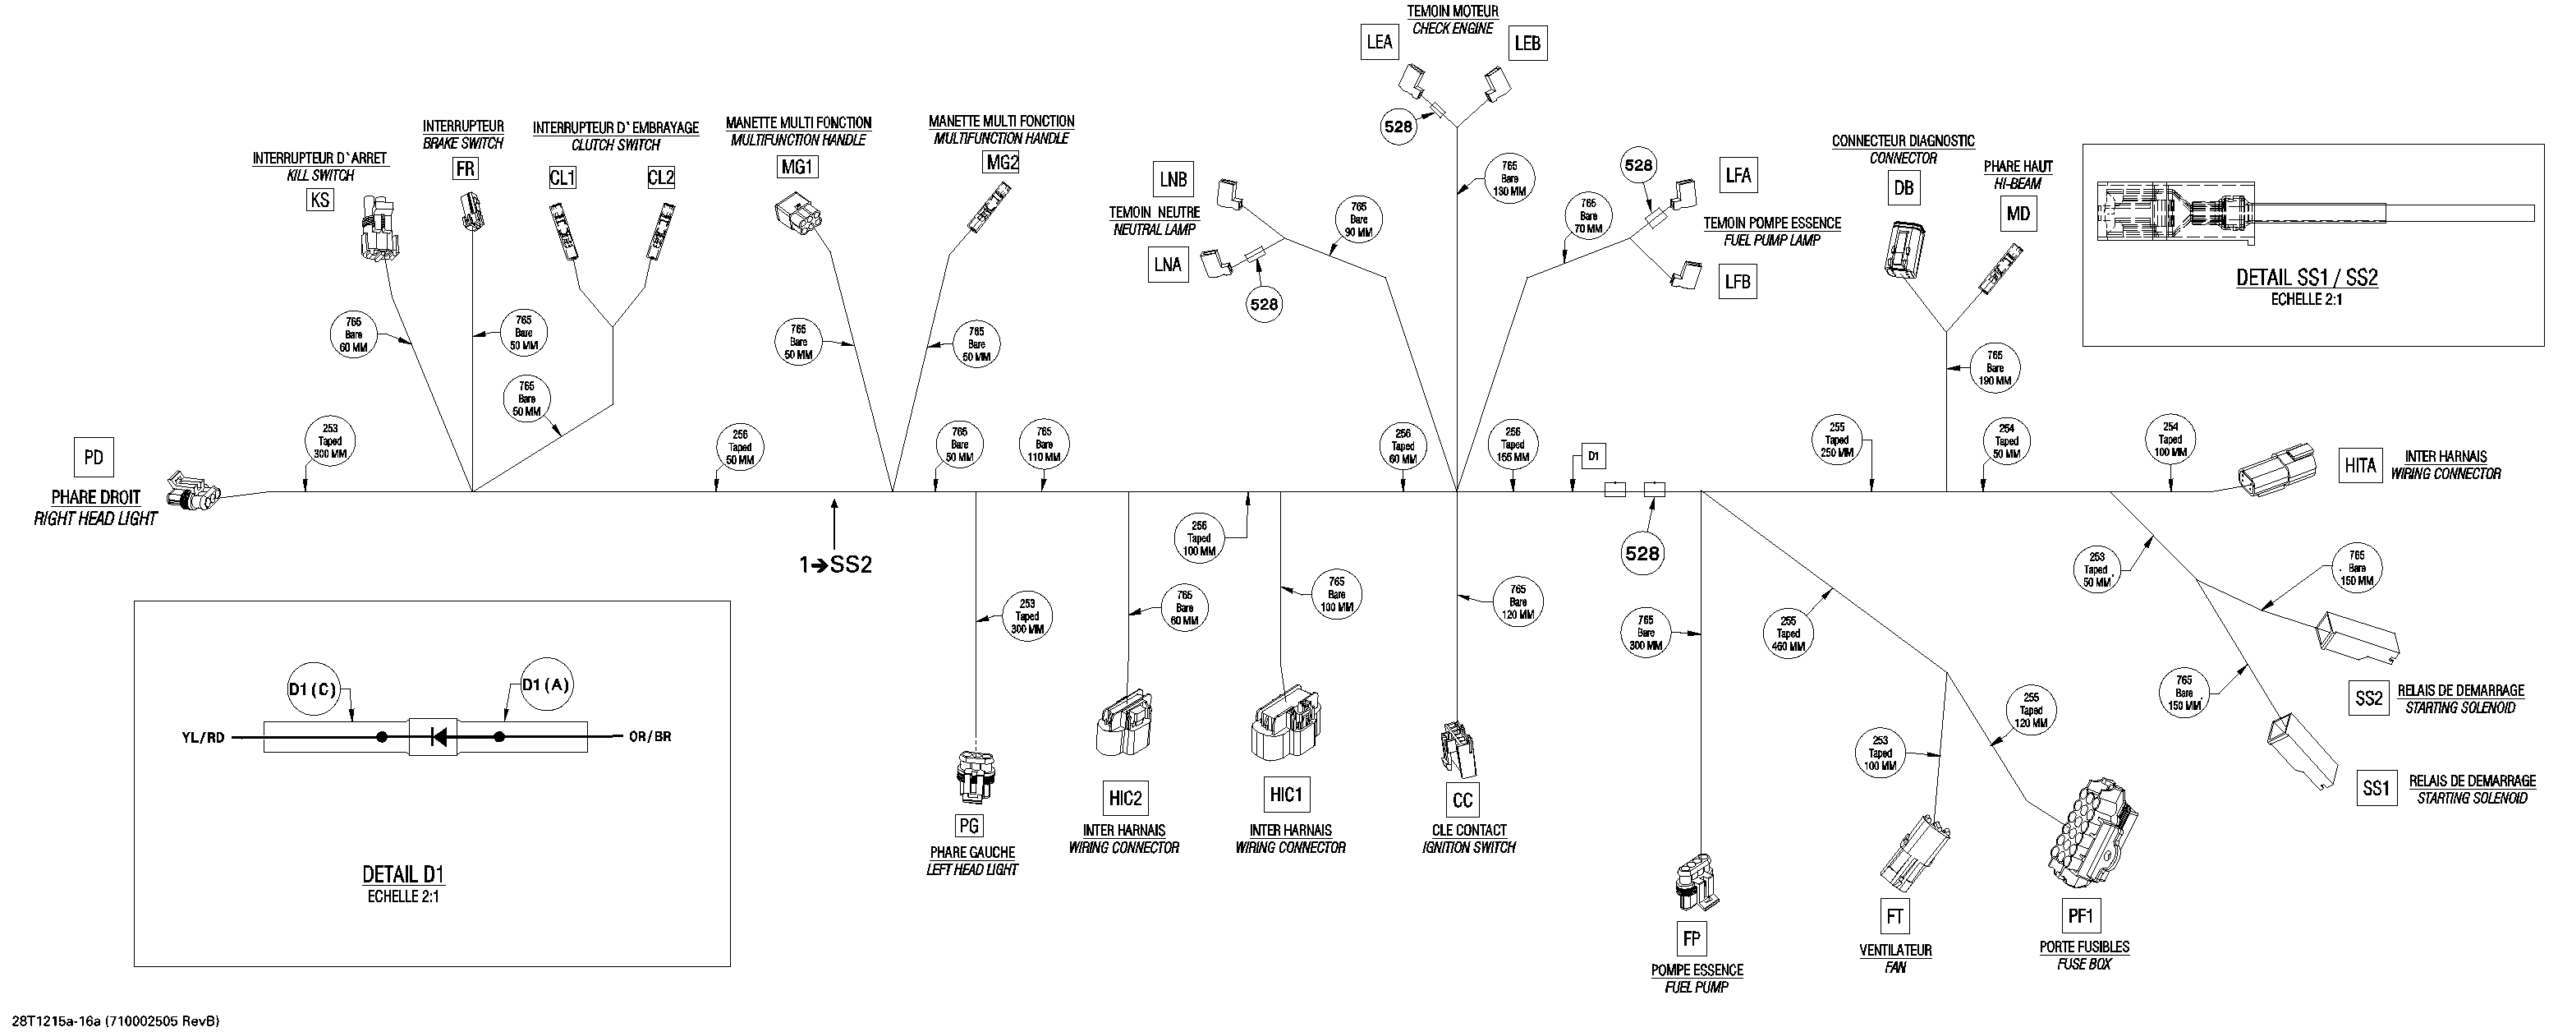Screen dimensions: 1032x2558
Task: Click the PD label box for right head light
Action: click(94, 458)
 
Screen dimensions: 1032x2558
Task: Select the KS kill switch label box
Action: click(319, 200)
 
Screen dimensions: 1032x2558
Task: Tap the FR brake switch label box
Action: click(465, 169)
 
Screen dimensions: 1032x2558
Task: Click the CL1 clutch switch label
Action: click(562, 177)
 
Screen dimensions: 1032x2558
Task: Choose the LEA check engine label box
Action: click(1380, 42)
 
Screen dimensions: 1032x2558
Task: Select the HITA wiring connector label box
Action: click(2360, 465)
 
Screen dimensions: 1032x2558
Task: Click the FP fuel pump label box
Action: click(1691, 938)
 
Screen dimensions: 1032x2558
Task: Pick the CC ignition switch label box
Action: click(1463, 800)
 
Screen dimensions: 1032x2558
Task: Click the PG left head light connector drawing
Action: click(969, 780)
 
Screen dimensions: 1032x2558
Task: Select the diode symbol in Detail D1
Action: click(438, 737)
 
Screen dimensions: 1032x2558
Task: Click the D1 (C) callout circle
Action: click(313, 690)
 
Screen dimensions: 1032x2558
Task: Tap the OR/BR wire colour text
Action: click(650, 737)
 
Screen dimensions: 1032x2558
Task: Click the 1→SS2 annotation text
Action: click(835, 564)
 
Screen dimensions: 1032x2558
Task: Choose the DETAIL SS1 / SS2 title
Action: click(2307, 278)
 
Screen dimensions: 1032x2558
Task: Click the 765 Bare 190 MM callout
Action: click(1995, 368)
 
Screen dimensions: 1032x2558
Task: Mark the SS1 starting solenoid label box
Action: click(2377, 789)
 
